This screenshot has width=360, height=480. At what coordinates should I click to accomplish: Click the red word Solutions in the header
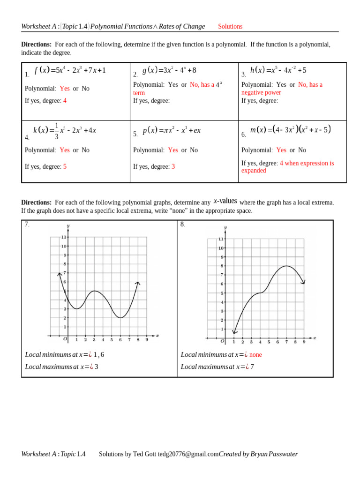point(230,27)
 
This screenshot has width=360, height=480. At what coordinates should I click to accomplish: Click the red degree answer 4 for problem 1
point(65,101)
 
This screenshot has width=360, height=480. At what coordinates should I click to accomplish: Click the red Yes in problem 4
point(65,150)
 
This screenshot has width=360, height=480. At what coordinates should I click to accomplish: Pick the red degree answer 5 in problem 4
point(65,167)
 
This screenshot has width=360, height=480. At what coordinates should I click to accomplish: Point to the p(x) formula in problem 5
point(172,130)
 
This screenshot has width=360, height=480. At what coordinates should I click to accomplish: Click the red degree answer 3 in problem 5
point(173,167)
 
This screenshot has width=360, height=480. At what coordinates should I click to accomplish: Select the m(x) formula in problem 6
point(291,129)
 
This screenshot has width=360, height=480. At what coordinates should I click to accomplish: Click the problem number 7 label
point(27,225)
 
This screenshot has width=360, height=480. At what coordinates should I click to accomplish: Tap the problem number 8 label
point(183,225)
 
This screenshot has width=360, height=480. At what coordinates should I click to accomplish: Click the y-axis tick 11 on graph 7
point(63,237)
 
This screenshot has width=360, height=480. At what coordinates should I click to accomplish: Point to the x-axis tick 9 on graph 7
point(147,340)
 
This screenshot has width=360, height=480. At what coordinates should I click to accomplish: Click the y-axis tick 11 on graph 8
point(221,239)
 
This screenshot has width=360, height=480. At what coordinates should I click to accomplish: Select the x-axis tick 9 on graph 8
point(304,342)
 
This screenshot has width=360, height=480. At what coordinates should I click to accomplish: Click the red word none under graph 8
point(255,355)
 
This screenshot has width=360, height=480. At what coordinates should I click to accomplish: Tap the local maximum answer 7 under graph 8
point(252,367)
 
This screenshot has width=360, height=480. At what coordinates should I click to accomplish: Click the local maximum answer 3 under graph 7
point(97,367)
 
